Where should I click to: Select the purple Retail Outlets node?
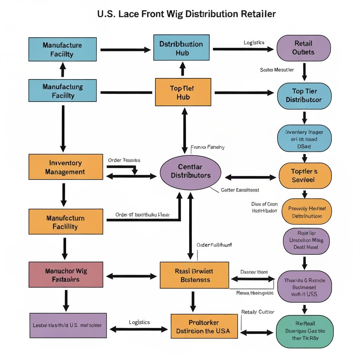304,48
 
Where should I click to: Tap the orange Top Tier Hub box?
183,92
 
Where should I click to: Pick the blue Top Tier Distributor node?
304,96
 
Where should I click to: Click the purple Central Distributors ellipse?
191,171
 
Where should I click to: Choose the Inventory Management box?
65,167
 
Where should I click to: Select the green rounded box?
305,331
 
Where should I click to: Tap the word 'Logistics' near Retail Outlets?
254,43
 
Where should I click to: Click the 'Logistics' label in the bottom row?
139,322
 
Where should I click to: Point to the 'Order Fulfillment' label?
214,245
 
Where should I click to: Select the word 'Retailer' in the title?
258,14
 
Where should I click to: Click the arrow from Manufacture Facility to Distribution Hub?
125,50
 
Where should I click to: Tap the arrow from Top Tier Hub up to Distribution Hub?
182,69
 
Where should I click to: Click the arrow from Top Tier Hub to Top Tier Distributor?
244,93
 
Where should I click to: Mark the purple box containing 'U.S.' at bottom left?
68,326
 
